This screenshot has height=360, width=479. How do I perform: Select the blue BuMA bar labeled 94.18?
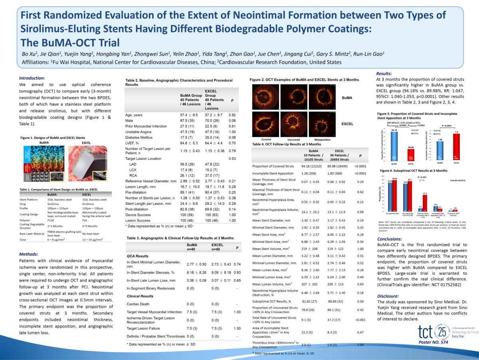(394, 146)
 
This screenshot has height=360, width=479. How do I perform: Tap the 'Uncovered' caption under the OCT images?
(293, 140)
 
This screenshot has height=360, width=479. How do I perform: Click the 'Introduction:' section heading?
(32, 78)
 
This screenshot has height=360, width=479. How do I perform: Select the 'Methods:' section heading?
(29, 254)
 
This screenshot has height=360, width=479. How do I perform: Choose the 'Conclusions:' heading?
(392, 239)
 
